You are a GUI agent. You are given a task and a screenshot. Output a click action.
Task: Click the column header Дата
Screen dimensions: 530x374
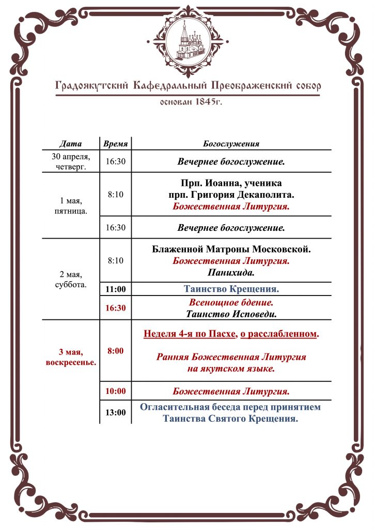coord(71,143)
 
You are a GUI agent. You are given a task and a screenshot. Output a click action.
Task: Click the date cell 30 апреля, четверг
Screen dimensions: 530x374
coord(71,161)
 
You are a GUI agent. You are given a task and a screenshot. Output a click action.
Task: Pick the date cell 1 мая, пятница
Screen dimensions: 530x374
coord(71,206)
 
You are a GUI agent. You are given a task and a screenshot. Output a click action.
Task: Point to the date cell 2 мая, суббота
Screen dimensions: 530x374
coord(71,279)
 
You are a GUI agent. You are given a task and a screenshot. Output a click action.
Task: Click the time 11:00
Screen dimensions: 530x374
coord(116,289)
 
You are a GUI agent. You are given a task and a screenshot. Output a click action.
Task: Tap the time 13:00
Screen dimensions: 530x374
coord(116,413)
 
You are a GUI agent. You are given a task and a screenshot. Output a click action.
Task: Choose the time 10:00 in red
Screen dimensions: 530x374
coord(116,391)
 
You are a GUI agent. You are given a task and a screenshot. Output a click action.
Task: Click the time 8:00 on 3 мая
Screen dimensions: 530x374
coord(116,351)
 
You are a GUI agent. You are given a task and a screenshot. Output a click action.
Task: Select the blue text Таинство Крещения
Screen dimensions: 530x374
coord(231,289)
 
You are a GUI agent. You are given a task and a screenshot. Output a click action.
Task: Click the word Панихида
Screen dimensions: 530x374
coord(231,272)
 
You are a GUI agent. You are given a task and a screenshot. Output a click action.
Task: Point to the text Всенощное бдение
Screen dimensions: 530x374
coord(231,302)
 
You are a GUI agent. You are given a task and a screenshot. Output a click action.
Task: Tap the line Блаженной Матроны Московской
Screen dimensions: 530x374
coord(231,249)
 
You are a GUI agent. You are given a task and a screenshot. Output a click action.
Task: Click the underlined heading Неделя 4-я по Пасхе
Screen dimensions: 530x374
coord(190,334)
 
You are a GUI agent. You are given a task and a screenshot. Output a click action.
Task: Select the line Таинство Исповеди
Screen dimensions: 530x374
coord(231,313)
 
